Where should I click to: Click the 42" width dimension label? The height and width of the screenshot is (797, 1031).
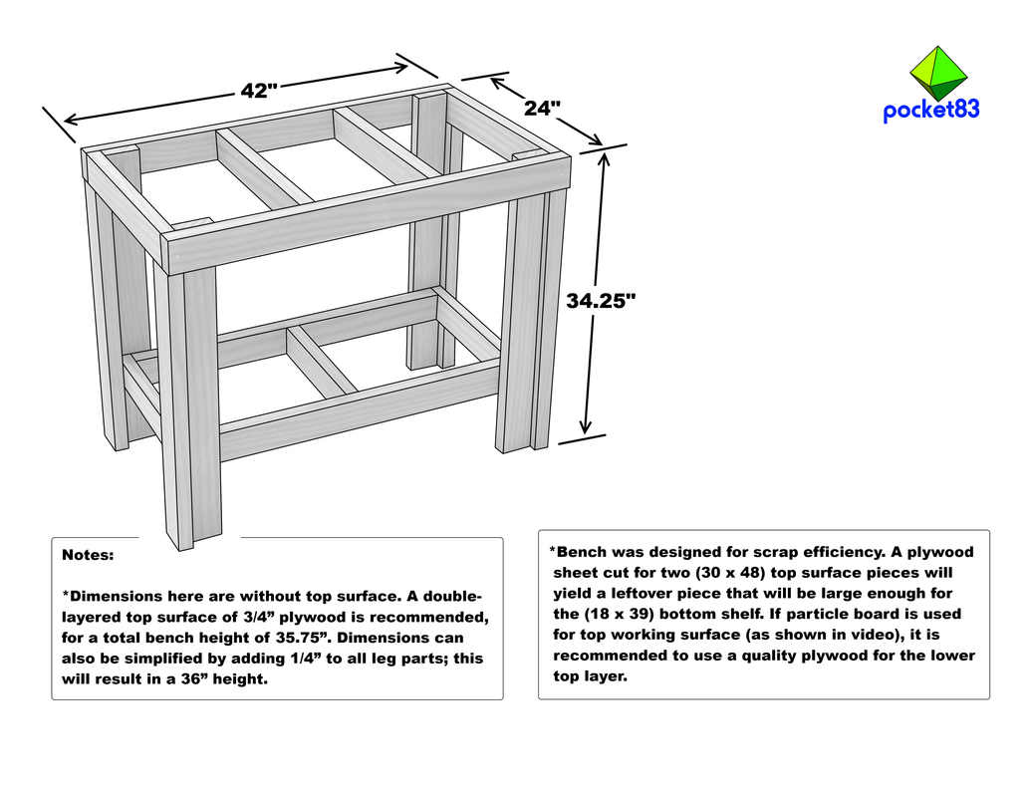click(x=258, y=91)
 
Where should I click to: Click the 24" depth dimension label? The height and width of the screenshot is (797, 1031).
click(x=543, y=109)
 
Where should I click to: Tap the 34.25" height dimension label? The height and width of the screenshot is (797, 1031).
click(x=601, y=301)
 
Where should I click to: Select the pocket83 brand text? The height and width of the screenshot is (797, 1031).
click(x=930, y=111)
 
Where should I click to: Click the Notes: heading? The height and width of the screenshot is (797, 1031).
click(x=88, y=554)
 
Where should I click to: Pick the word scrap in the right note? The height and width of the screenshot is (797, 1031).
click(x=785, y=552)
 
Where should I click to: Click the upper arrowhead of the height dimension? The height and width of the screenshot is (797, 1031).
click(x=604, y=157)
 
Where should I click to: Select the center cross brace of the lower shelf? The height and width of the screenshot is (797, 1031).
click(x=321, y=360)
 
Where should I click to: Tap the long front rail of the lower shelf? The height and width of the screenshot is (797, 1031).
click(x=359, y=410)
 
